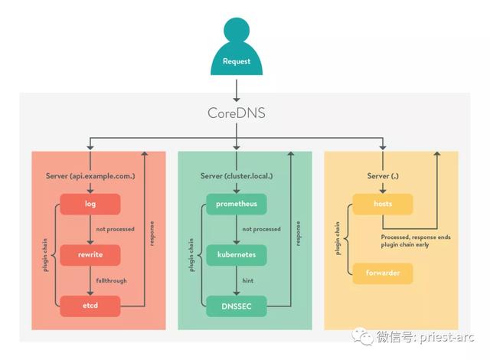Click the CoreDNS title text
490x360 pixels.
(237, 113)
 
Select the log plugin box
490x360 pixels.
(90, 205)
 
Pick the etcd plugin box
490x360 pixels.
(90, 306)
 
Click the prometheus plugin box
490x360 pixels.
(236, 205)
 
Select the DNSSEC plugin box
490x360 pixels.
(236, 306)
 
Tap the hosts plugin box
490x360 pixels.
(382, 205)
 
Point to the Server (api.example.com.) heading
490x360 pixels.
(90, 175)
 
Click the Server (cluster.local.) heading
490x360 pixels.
(237, 175)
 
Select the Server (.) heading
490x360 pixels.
(384, 175)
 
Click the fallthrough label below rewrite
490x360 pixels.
(112, 280)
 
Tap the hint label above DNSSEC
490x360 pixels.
(248, 280)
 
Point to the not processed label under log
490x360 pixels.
(116, 229)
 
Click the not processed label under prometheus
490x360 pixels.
(262, 229)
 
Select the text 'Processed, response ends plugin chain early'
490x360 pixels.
(416, 241)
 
